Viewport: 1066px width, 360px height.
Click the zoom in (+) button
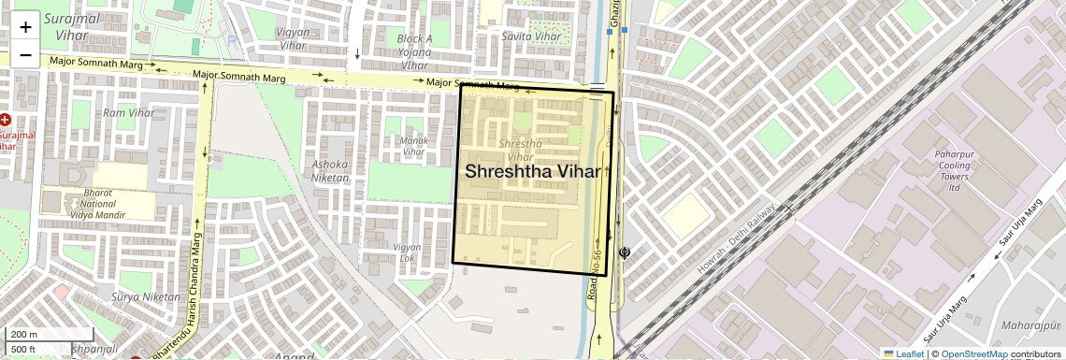(25, 26)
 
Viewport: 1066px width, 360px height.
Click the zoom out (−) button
(25, 54)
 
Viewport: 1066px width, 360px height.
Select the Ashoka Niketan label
(329, 170)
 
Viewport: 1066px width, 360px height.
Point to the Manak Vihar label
(413, 146)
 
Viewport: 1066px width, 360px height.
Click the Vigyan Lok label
(408, 252)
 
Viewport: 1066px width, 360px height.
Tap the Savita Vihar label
(531, 36)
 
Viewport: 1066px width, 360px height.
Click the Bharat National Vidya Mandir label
(97, 203)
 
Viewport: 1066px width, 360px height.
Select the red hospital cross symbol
(6, 120)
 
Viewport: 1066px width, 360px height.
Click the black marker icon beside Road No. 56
(625, 252)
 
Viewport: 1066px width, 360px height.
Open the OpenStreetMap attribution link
(973, 353)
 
